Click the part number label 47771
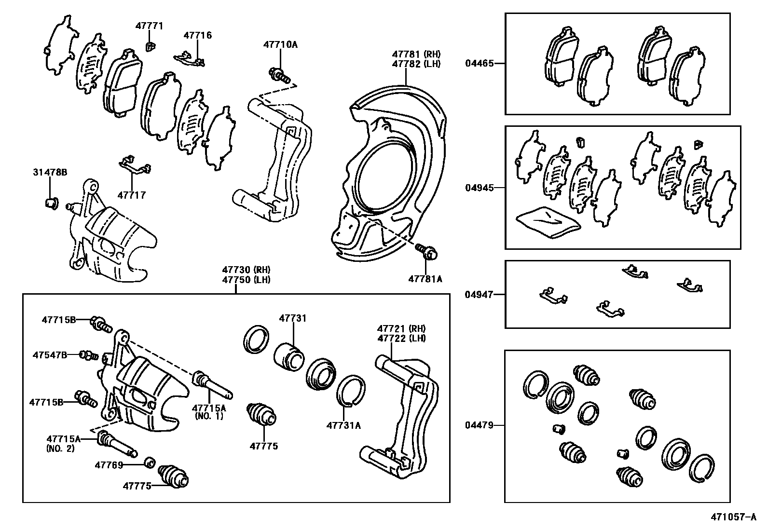pyautogui.click(x=149, y=26)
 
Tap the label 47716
pyautogui.click(x=197, y=35)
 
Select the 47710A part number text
pyautogui.click(x=280, y=45)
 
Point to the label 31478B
pyautogui.click(x=50, y=172)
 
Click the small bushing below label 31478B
pyautogui.click(x=51, y=204)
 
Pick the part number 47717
pyautogui.click(x=131, y=195)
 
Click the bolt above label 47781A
pyautogui.click(x=426, y=251)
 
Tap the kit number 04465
pyautogui.click(x=480, y=63)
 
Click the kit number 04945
pyautogui.click(x=480, y=188)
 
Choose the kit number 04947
pyautogui.click(x=480, y=294)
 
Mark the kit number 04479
pyautogui.click(x=480, y=425)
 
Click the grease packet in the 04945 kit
pyautogui.click(x=548, y=221)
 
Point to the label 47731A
pyautogui.click(x=343, y=425)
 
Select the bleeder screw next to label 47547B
pyautogui.click(x=89, y=355)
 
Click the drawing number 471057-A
pyautogui.click(x=733, y=517)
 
